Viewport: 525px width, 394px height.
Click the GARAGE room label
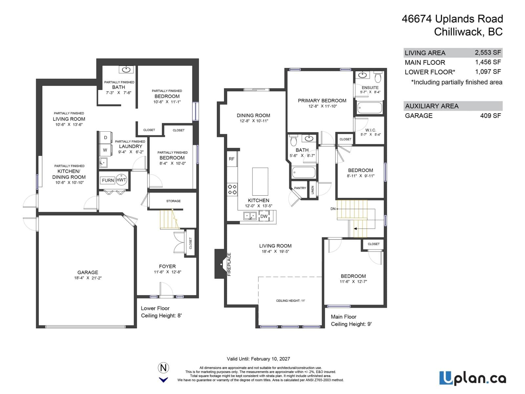88,273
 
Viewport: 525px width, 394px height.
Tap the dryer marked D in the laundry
105,138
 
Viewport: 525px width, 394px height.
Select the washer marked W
105,150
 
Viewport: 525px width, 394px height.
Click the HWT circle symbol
121,180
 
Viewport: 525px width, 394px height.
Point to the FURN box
108,180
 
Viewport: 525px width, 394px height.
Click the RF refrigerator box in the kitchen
232,159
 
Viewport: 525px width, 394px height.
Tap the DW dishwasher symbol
264,216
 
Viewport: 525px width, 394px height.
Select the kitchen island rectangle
260,182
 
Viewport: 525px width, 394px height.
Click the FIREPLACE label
229,264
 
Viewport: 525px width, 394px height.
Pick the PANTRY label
300,188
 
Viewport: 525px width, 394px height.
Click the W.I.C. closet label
370,130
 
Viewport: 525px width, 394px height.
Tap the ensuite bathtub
369,107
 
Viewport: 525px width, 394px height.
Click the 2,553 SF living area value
488,53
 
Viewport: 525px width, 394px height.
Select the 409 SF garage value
491,116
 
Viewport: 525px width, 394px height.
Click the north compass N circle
163,368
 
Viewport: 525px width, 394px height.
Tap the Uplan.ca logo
472,378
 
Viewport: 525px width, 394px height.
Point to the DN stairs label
333,209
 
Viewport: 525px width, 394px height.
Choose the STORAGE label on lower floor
173,201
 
